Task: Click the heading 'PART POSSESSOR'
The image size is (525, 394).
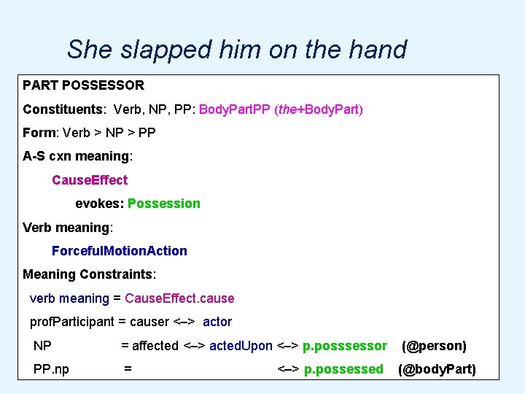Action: (83, 85)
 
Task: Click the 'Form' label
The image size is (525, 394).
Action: (39, 133)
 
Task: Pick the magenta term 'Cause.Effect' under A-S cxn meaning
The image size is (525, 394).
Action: (89, 179)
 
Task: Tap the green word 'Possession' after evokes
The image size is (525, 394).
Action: (163, 204)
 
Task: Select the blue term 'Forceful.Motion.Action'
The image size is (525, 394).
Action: (119, 250)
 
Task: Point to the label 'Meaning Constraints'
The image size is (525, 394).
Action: (88, 274)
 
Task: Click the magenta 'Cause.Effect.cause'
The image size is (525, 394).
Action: (179, 298)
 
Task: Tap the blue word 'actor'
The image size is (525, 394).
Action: (217, 321)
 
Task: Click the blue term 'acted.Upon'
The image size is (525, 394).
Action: (241, 345)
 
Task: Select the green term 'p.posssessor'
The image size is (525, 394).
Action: (345, 345)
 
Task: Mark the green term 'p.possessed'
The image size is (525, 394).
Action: (343, 369)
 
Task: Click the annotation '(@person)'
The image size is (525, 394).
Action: (434, 345)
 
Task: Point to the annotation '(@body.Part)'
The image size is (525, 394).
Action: (436, 369)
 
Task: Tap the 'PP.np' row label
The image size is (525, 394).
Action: (51, 369)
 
